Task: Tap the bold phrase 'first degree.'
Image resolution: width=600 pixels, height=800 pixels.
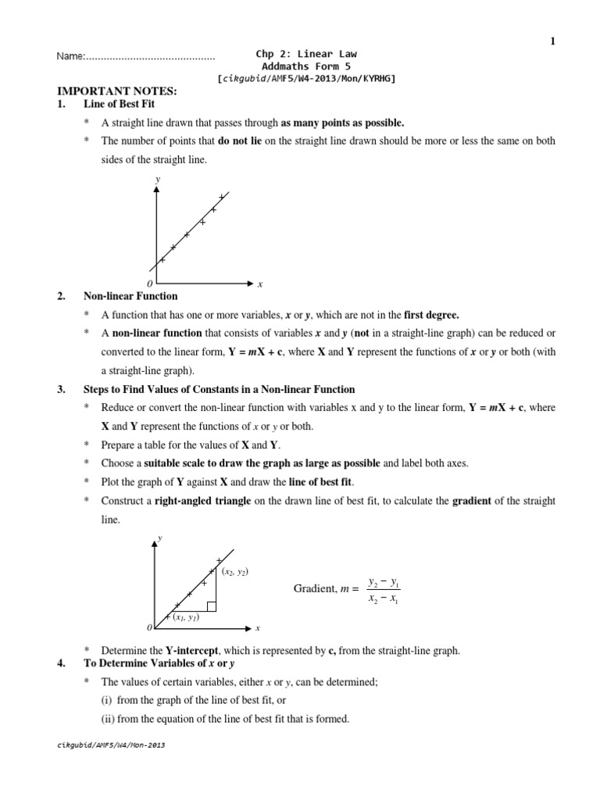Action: (x=431, y=315)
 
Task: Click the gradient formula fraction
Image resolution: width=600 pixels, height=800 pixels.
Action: (x=383, y=592)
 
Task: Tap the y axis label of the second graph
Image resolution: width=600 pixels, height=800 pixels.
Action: (x=160, y=538)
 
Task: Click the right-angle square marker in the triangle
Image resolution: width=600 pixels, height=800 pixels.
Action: (x=212, y=605)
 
